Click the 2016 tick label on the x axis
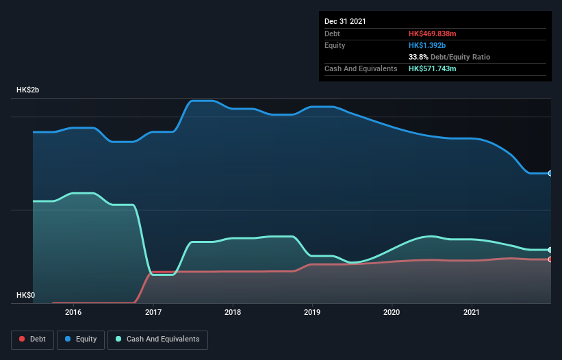73,312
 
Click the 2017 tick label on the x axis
153,312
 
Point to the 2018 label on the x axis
233,312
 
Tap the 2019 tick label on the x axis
312,312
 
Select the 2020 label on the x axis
392,312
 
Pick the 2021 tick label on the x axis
472,312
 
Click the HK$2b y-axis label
29,90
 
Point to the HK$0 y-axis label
25,295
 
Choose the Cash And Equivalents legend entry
157,339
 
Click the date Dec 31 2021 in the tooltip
345,21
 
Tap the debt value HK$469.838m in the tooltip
437,34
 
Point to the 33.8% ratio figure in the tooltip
420,57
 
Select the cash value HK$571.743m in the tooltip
437,68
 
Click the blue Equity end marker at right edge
550,173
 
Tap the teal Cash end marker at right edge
550,250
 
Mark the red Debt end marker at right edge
550,259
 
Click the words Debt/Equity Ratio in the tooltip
461,57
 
